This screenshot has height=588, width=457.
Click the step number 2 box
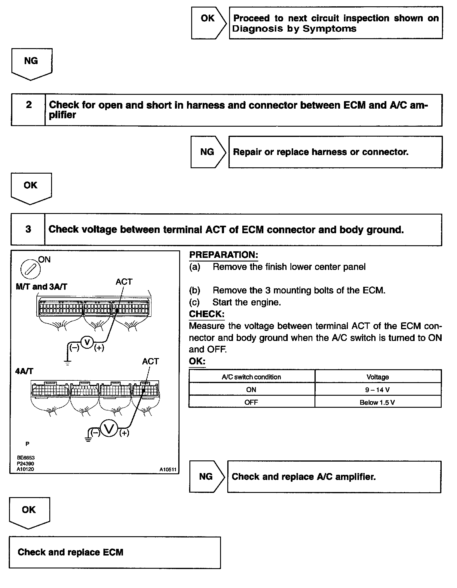click(x=29, y=110)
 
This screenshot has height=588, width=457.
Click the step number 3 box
click(x=28, y=229)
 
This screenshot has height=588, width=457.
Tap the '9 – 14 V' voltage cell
click(x=378, y=390)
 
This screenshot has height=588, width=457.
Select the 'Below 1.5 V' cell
click(x=378, y=402)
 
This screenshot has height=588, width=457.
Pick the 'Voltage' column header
click(x=378, y=377)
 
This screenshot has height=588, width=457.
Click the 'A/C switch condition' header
click(x=251, y=377)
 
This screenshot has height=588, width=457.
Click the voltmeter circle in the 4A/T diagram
click(x=109, y=428)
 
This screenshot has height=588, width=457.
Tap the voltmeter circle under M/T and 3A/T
click(x=87, y=342)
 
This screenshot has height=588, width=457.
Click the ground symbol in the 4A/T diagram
click(x=88, y=438)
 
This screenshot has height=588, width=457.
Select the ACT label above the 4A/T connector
click(x=150, y=361)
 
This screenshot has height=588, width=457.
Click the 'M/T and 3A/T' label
click(x=41, y=286)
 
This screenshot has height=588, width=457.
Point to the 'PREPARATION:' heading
click(x=223, y=255)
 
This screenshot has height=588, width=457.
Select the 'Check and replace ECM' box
click(x=115, y=552)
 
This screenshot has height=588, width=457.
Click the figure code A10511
click(x=168, y=469)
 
